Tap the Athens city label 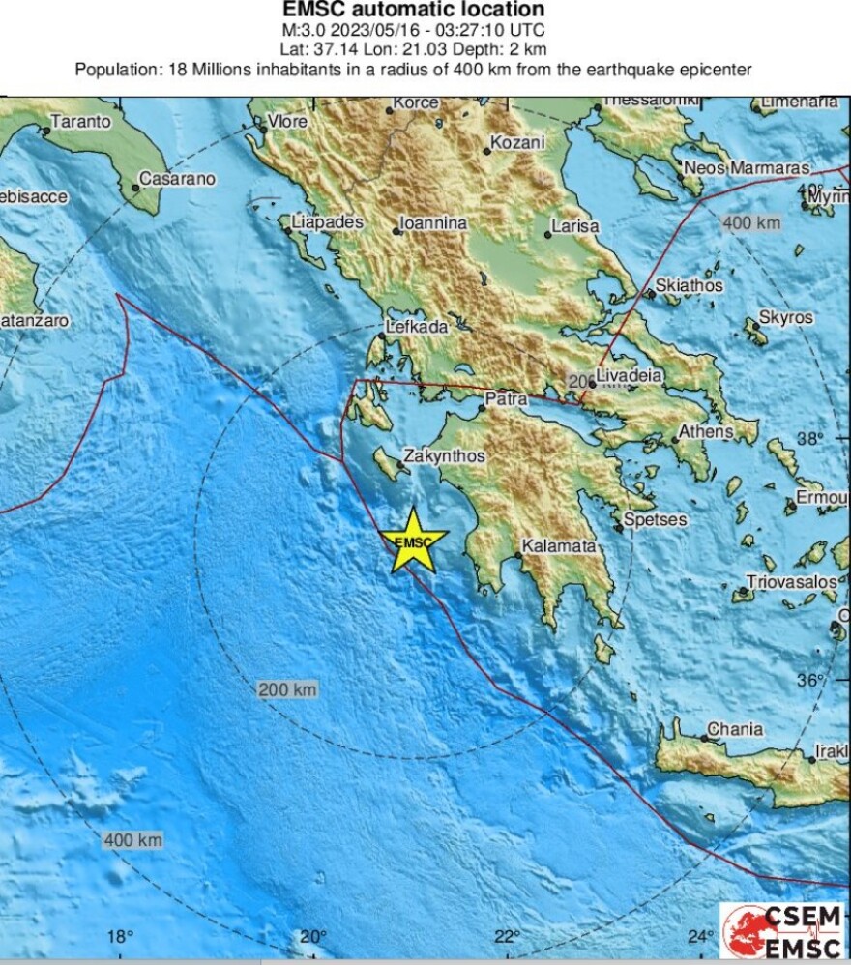coord(706,431)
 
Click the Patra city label coord(506,397)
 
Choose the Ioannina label coord(434,223)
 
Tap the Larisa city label coord(574,226)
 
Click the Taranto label coord(80,122)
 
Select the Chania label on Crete coord(735,729)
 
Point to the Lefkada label coord(417,327)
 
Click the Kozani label coord(517,142)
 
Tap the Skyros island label coord(785,317)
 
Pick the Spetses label coord(655,519)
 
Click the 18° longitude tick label coord(119,936)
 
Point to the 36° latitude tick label coord(810,681)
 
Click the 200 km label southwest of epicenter coord(287,689)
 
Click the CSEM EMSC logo coord(783,932)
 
